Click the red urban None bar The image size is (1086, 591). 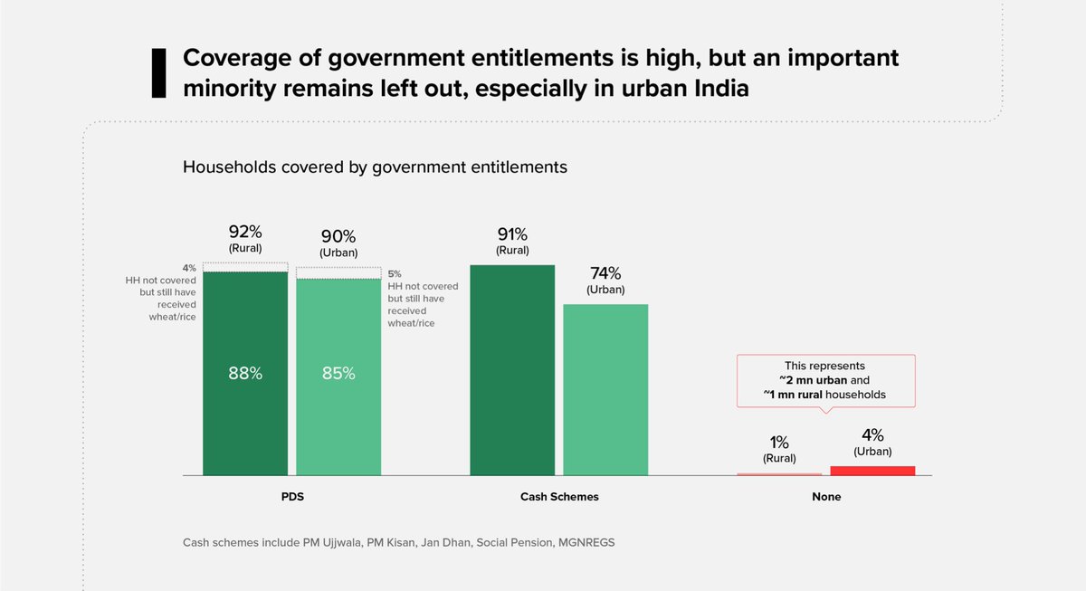coord(872,471)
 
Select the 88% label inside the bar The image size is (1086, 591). coord(245,373)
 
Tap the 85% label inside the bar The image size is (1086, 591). coord(338,373)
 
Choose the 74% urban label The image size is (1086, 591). coord(605,273)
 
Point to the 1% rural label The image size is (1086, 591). coord(779,443)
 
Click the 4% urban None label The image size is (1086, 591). coord(872,434)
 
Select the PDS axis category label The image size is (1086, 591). coord(291,497)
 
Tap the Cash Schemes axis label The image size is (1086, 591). coord(559,497)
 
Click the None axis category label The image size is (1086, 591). coord(826,497)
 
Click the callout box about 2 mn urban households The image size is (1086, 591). coord(825,380)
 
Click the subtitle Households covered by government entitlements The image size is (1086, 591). coord(375,167)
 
